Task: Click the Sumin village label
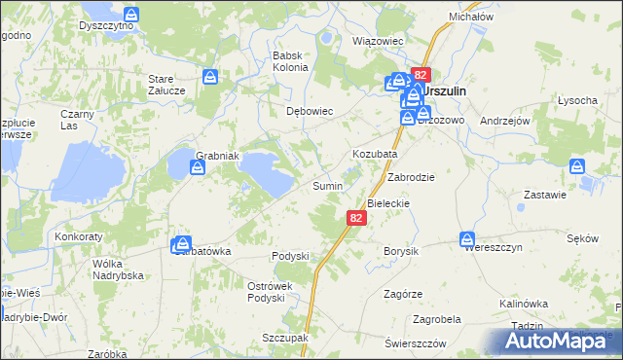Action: (x=326, y=185)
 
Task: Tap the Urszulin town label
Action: (x=447, y=90)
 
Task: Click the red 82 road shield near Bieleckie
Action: (x=355, y=220)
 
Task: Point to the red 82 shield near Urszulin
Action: (x=420, y=74)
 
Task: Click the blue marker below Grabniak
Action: (x=198, y=168)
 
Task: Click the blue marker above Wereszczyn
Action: (x=468, y=237)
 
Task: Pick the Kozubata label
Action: (x=373, y=155)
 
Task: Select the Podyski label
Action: (x=289, y=256)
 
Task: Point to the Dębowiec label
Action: (x=310, y=111)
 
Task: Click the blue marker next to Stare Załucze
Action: (x=210, y=76)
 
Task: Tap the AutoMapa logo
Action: (x=559, y=340)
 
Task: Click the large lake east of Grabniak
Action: (x=266, y=170)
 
